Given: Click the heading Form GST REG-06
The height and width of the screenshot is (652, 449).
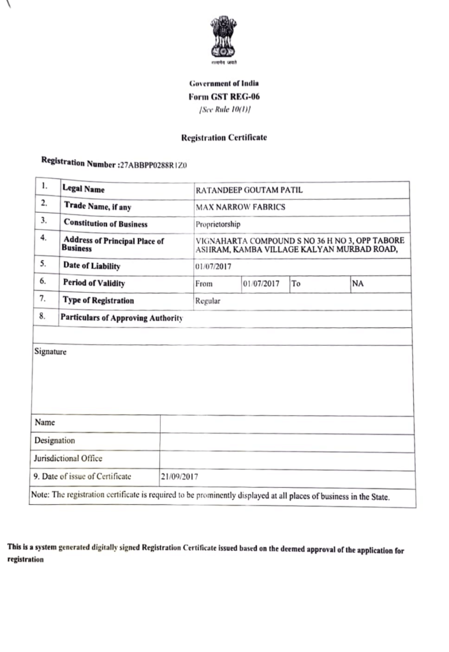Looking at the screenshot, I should coord(224,96).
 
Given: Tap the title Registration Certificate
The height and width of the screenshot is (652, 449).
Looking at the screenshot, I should coord(224,137).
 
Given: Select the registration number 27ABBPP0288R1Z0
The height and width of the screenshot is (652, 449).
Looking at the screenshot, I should coord(154,165).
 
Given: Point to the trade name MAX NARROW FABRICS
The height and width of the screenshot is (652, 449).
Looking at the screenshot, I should coord(240,207).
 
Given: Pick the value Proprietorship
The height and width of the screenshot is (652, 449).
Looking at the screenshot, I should coord(218,224).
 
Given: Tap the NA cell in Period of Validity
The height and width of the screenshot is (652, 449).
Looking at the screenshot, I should coord(358,283).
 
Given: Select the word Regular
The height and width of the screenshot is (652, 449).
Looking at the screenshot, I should coord(208,301).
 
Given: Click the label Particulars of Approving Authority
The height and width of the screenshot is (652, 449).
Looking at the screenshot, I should coord(121,318).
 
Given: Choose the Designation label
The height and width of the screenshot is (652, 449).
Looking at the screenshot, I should coord(54,440).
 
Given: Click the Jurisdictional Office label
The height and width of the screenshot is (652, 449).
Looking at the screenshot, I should coord(68,458).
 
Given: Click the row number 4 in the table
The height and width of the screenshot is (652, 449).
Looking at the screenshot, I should coord(43,238).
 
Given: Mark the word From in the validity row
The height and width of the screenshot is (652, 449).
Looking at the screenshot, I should coord(205,284).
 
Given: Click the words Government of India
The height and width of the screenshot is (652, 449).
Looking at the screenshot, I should coord(224,83).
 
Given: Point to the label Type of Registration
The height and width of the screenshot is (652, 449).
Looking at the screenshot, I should coord(98,300).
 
